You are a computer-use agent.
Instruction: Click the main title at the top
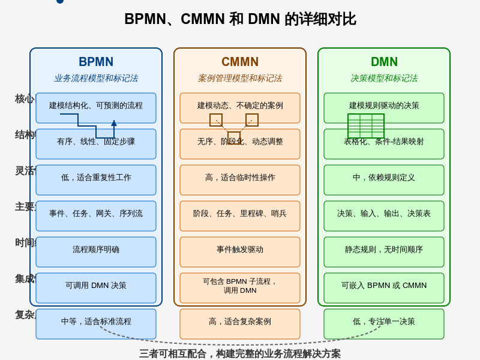(240, 19)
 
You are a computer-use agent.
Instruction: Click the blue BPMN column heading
(96, 62)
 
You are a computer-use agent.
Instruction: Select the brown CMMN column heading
(240, 62)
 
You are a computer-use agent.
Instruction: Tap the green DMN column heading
(384, 62)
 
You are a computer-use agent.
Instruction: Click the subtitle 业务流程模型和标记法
(96, 78)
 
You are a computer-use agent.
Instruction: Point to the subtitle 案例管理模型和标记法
(240, 78)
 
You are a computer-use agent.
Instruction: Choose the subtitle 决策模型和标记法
(384, 78)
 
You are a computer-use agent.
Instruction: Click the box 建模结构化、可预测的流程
(96, 106)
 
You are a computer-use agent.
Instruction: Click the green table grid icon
(366, 126)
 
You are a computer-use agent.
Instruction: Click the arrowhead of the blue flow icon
(114, 123)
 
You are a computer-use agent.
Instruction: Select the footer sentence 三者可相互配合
(240, 353)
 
